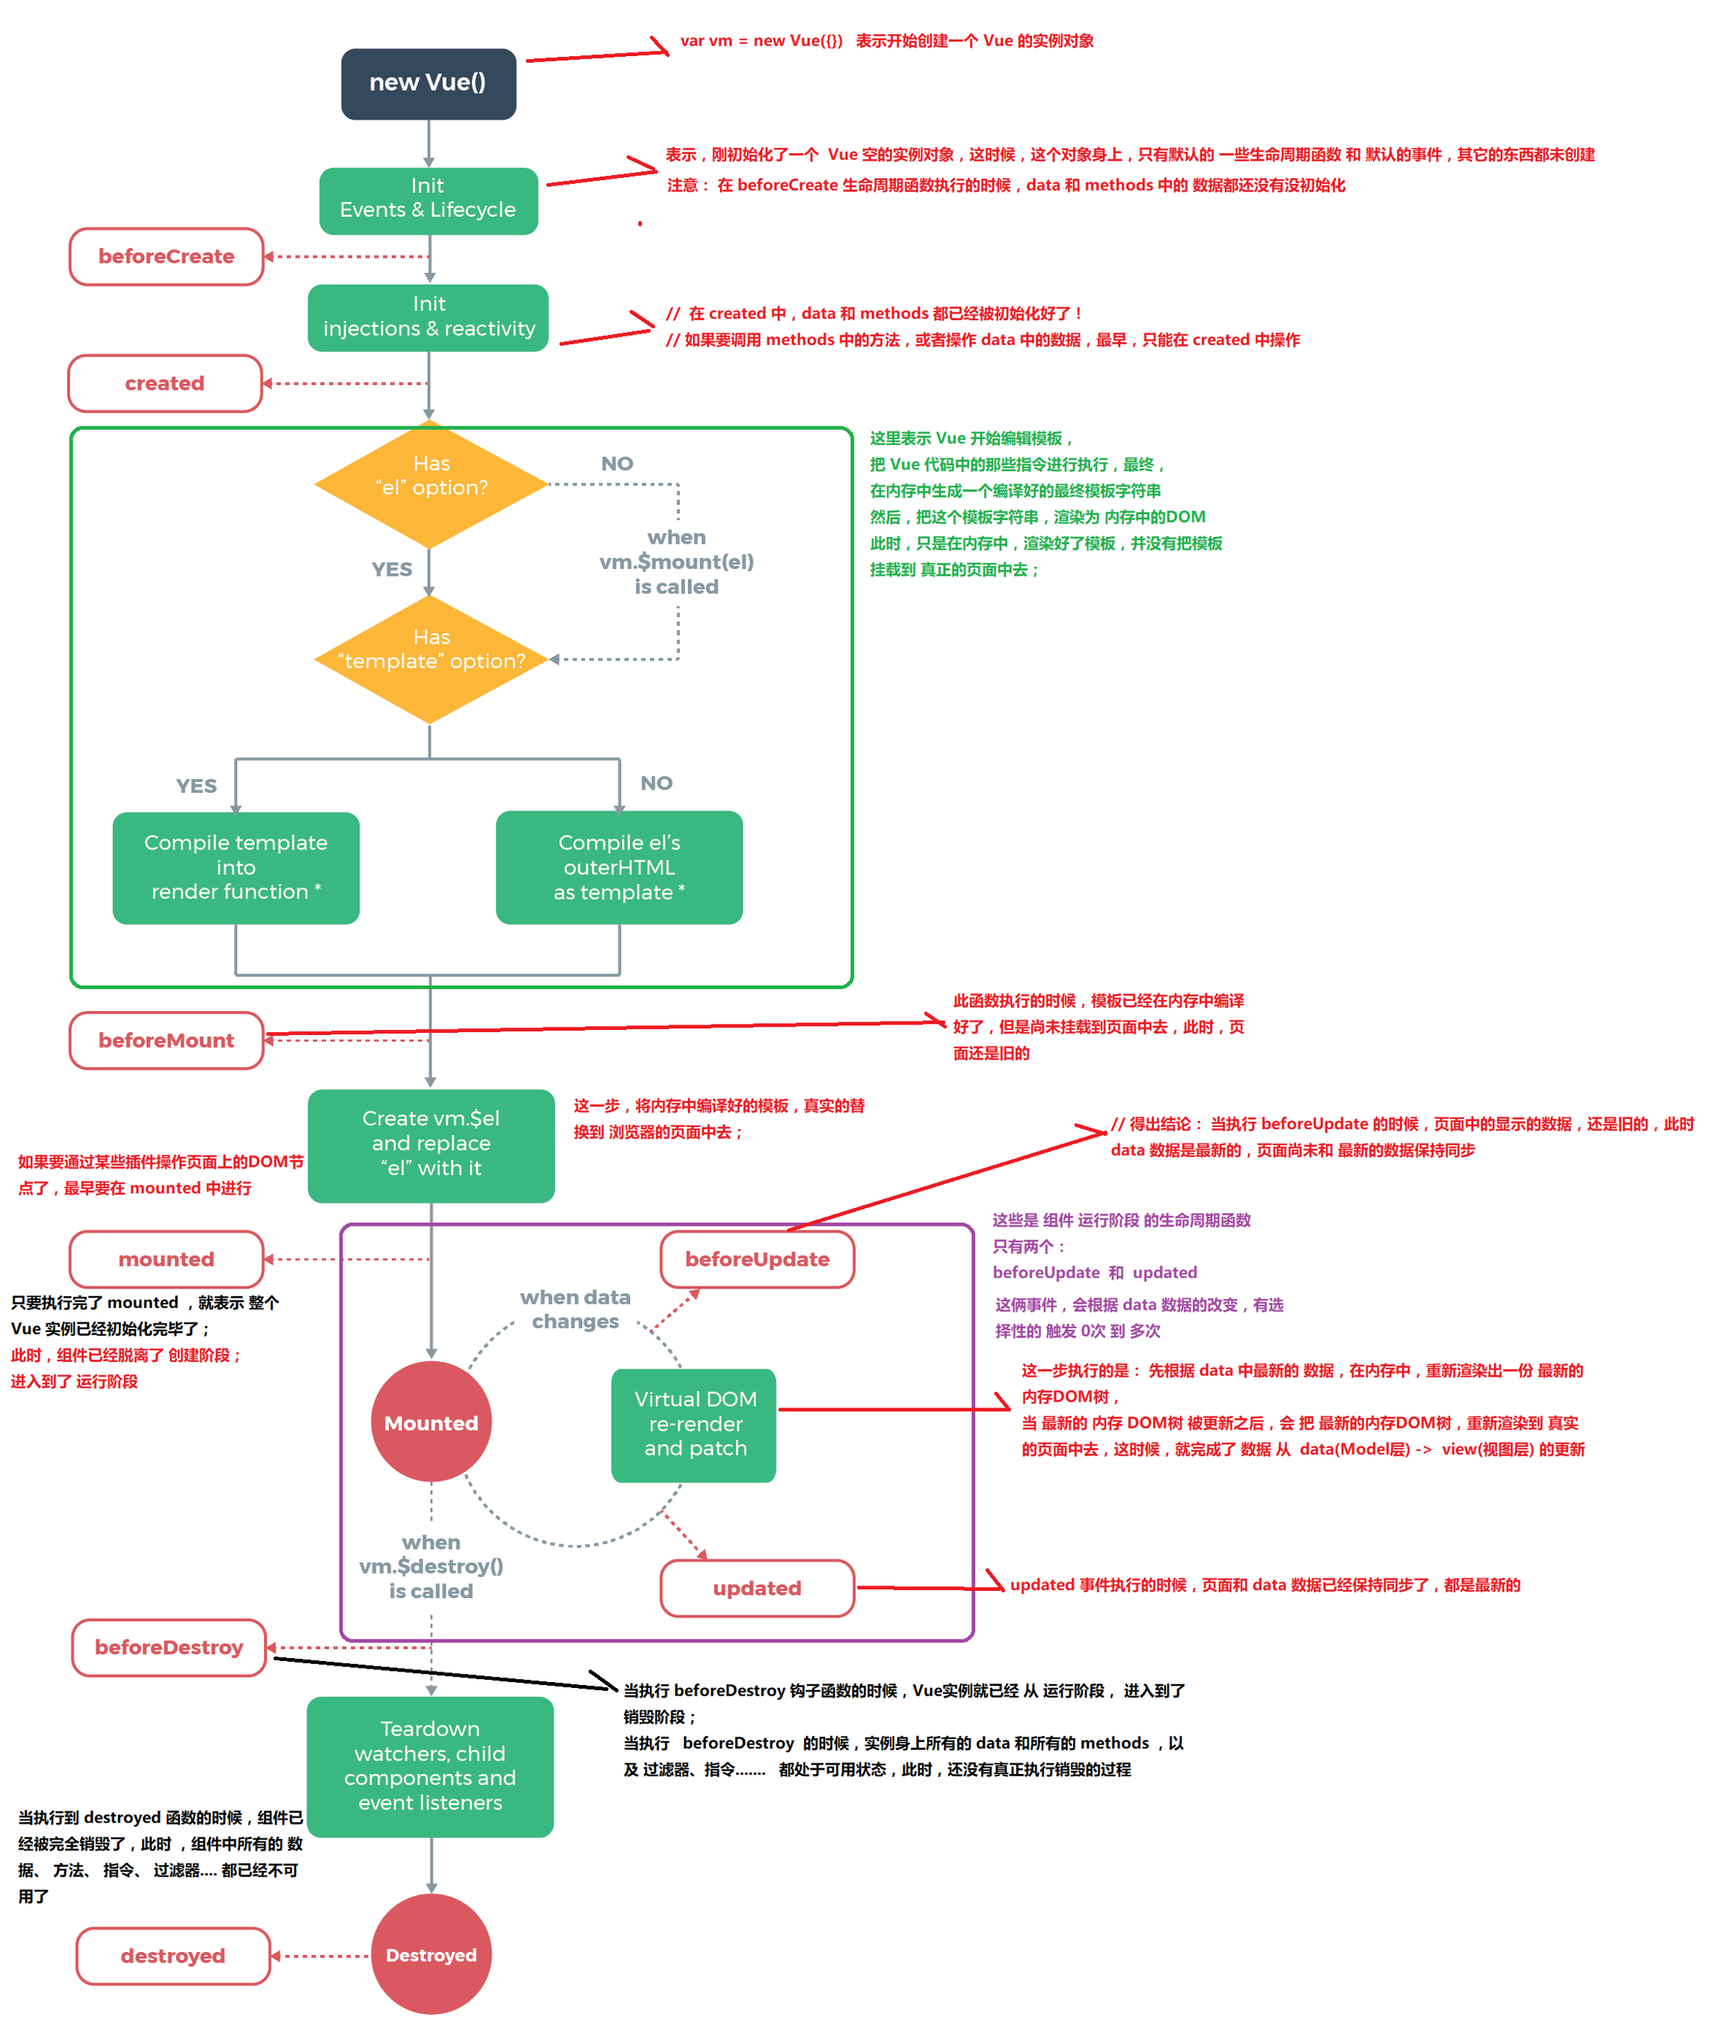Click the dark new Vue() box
(428, 84)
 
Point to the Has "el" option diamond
(430, 485)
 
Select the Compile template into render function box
(236, 868)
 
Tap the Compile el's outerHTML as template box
(619, 868)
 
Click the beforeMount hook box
(166, 1040)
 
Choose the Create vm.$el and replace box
(431, 1145)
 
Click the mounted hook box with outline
(166, 1259)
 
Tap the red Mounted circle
(431, 1422)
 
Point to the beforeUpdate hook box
(757, 1259)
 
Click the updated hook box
(757, 1589)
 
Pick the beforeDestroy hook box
(169, 1648)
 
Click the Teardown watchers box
(430, 1767)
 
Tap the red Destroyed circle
(431, 1955)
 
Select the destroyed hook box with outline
(173, 1956)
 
